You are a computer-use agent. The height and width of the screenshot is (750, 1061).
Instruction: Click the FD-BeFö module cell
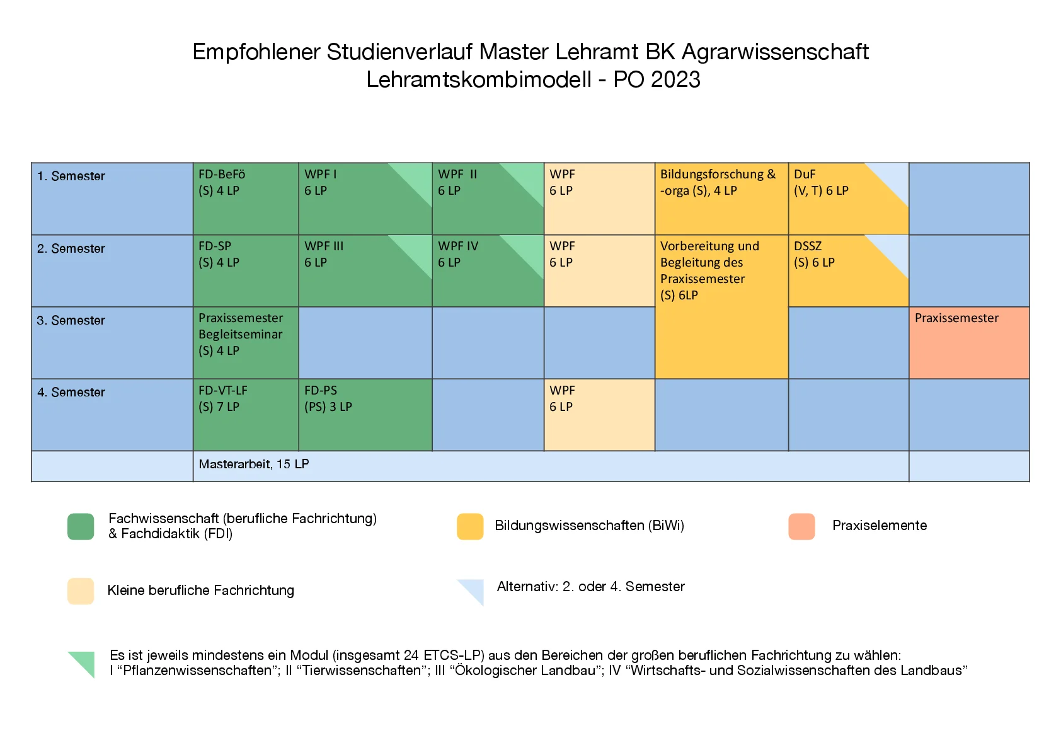[245, 199]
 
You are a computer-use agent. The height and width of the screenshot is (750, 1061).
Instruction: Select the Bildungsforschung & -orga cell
[721, 199]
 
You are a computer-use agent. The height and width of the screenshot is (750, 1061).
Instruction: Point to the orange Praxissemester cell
[969, 343]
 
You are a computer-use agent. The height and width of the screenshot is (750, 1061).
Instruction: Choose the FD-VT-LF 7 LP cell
[245, 415]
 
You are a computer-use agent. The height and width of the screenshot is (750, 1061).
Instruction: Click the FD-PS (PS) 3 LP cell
[365, 415]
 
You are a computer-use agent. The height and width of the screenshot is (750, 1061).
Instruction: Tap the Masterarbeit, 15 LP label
[254, 464]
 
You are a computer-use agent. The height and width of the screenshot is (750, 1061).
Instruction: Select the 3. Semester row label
[71, 321]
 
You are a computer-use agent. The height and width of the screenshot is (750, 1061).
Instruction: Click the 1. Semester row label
[71, 176]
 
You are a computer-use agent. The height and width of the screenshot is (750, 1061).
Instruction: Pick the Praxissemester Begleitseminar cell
[245, 343]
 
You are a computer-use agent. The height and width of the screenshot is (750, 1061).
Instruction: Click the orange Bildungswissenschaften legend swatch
[470, 527]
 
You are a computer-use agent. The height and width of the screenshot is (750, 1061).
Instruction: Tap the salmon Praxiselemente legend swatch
[801, 527]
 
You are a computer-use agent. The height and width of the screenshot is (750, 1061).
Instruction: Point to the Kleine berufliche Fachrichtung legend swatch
[81, 591]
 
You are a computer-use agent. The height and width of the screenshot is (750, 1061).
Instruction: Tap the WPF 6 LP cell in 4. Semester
[599, 415]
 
